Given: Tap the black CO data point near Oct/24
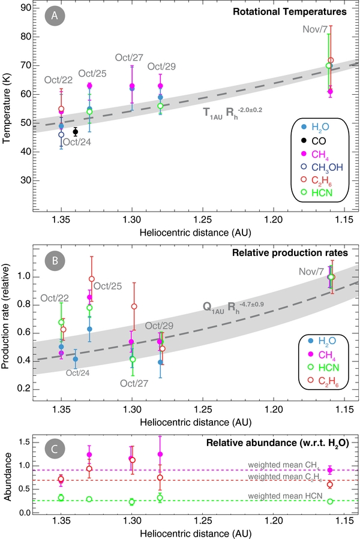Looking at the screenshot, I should pos(76,131).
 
